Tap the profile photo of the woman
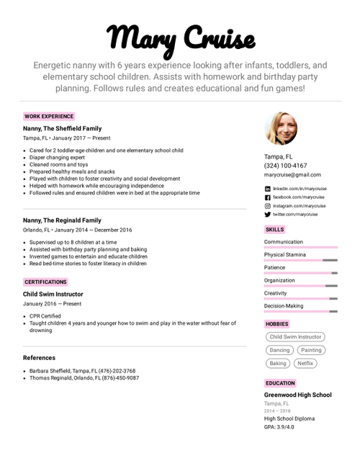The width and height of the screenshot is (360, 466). [281, 129]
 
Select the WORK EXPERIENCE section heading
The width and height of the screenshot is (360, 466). [49, 116]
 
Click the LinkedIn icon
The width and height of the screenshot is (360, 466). [268, 189]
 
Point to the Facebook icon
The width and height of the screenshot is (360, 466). [268, 197]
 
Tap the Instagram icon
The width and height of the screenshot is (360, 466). [268, 206]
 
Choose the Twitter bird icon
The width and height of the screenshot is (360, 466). [268, 215]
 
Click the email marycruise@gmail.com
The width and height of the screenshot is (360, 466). [292, 175]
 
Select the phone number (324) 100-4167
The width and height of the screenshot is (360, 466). [285, 166]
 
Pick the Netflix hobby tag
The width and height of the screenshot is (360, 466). [306, 364]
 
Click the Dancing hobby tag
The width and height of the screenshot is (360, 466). [279, 350]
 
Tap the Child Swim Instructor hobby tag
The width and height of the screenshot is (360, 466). [295, 337]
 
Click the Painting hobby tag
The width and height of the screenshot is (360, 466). [311, 350]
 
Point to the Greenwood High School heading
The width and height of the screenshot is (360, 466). [297, 395]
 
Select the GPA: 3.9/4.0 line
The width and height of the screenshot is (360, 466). [279, 427]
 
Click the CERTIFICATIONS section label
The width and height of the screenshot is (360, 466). [45, 282]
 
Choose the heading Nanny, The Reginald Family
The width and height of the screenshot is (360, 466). [62, 220]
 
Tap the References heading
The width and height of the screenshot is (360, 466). [39, 358]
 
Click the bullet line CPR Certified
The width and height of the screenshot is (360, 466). [45, 315]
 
